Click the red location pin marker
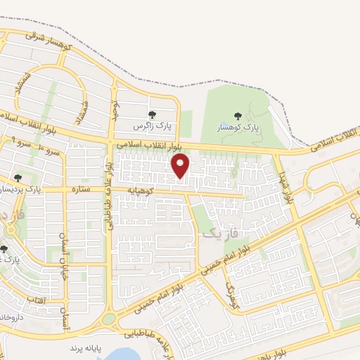181,166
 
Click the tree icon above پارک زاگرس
151,115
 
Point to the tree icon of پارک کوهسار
237,116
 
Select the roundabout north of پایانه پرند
109,321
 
